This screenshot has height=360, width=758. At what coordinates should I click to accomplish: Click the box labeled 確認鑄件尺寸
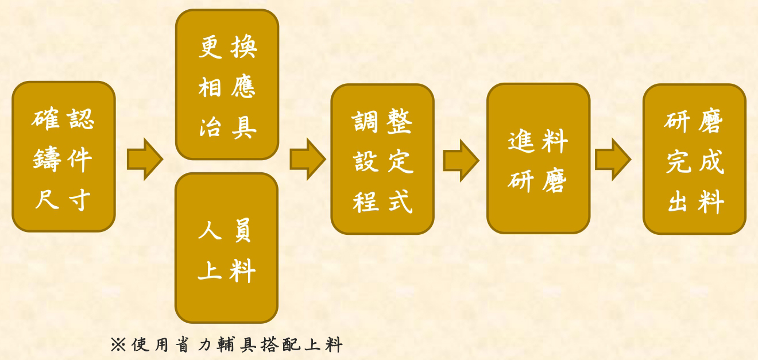click(x=64, y=157)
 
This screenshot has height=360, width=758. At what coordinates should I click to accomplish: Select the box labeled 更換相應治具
click(x=227, y=84)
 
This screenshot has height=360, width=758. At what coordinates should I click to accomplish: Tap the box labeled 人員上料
click(x=226, y=248)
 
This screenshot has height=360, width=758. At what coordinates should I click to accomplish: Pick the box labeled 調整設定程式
click(x=382, y=158)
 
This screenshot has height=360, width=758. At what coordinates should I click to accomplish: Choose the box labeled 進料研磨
click(x=539, y=158)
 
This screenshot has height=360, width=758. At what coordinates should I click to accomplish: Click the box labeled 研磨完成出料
click(x=694, y=159)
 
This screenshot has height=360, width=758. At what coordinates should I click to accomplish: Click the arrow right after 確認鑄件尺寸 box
click(x=145, y=159)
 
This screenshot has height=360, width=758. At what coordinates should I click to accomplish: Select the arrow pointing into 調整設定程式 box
click(x=308, y=159)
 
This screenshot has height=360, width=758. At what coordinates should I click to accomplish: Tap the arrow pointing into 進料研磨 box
click(x=461, y=160)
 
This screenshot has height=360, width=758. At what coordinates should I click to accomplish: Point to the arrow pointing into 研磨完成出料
click(x=613, y=159)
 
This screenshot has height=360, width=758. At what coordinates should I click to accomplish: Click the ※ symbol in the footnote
click(x=118, y=344)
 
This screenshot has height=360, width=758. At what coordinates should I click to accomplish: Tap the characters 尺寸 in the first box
click(x=63, y=200)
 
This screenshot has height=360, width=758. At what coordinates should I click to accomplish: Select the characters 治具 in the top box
click(x=227, y=128)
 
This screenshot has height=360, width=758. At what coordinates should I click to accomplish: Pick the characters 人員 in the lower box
click(x=225, y=230)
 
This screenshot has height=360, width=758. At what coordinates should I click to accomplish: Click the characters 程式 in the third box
click(x=382, y=202)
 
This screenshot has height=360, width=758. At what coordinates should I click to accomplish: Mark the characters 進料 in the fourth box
click(x=537, y=141)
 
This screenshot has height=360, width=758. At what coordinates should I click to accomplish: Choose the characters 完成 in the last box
click(x=695, y=161)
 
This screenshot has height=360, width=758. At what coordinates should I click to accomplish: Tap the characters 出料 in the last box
click(x=696, y=202)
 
